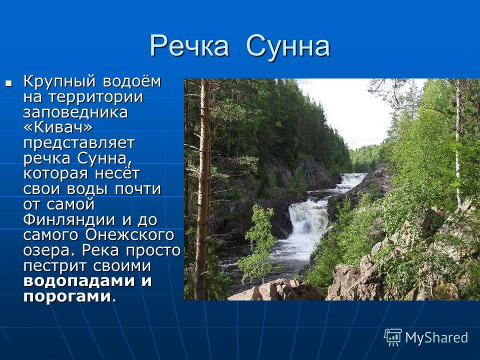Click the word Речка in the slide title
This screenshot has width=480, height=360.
[189, 46]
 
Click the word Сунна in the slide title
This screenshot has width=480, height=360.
[288, 46]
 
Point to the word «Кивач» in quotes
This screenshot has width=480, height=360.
[57, 127]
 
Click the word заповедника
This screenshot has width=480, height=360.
[75, 112]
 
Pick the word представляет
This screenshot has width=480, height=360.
[79, 144]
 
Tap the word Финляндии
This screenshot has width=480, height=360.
[69, 219]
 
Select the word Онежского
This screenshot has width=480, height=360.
[130, 235]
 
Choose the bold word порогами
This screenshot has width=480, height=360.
[67, 296]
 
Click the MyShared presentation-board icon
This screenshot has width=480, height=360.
[393, 337]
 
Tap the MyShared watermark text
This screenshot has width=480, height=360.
[436, 337]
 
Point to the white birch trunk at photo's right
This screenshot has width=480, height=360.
[458, 144]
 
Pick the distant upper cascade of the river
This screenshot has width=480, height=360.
[352, 180]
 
